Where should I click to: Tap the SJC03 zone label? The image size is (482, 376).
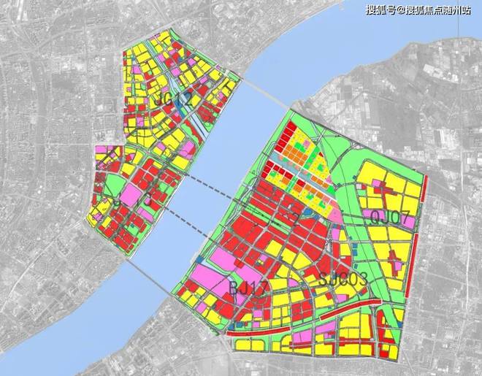click(x=343, y=278)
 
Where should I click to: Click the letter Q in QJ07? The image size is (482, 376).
click(x=376, y=216)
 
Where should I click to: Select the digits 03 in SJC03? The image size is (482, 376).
click(x=357, y=278)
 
